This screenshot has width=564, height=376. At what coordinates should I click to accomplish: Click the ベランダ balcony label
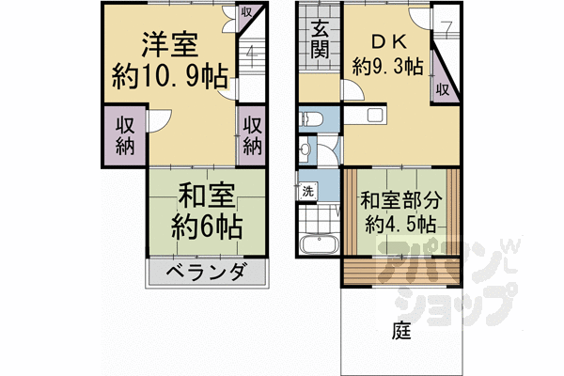(x=207, y=273)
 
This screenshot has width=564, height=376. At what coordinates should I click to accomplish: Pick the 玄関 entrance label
(x=320, y=39)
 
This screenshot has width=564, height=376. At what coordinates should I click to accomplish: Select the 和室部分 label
(x=400, y=200)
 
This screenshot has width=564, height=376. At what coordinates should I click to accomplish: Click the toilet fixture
(x=312, y=119)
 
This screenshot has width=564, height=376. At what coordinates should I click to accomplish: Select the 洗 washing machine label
(x=306, y=191)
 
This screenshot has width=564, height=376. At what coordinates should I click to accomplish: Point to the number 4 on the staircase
(x=251, y=53)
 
